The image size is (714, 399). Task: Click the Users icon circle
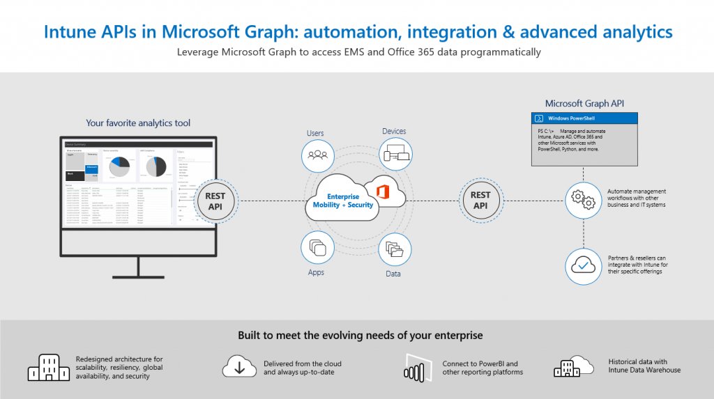pos(318,155)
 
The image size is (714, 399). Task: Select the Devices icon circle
pos(395,155)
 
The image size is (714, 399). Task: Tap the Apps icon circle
pos(318,247)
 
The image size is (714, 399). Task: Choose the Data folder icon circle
pos(395,249)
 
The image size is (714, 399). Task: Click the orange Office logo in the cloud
pos(381,191)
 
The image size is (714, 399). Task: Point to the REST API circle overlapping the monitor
pos(215,201)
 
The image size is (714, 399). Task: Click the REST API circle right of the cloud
pos(480,201)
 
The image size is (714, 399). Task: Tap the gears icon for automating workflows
pos(583,200)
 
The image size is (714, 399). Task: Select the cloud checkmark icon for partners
pos(583,265)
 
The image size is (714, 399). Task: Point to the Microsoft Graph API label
pos(584,103)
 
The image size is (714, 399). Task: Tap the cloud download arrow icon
pos(239,367)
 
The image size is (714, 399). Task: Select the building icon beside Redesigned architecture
pos(49,367)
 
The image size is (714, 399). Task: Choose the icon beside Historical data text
pos(573,367)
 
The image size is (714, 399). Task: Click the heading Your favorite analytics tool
pos(138,123)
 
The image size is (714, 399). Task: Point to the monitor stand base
pos(137,275)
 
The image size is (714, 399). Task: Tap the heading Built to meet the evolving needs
pos(360,336)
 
